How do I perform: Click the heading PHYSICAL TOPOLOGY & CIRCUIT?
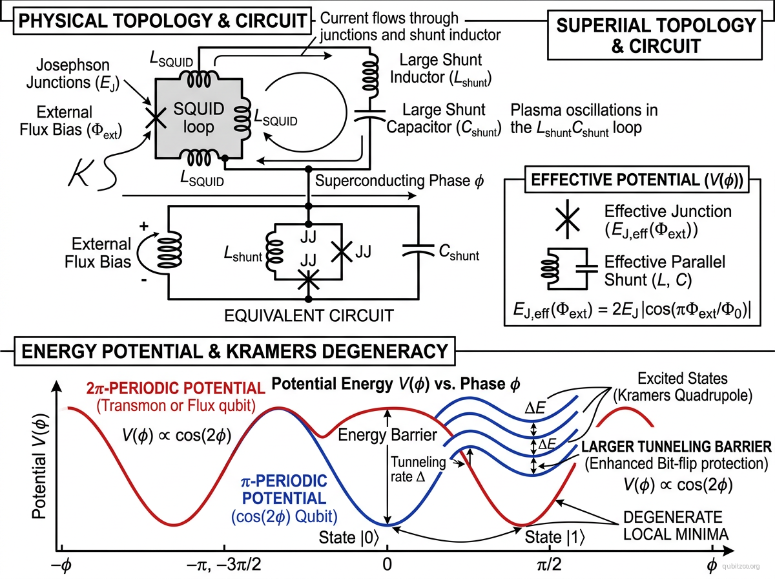click(x=162, y=20)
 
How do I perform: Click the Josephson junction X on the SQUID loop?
click(x=154, y=116)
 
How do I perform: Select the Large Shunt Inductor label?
click(x=446, y=70)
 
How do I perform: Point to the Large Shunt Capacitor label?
click(x=444, y=119)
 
